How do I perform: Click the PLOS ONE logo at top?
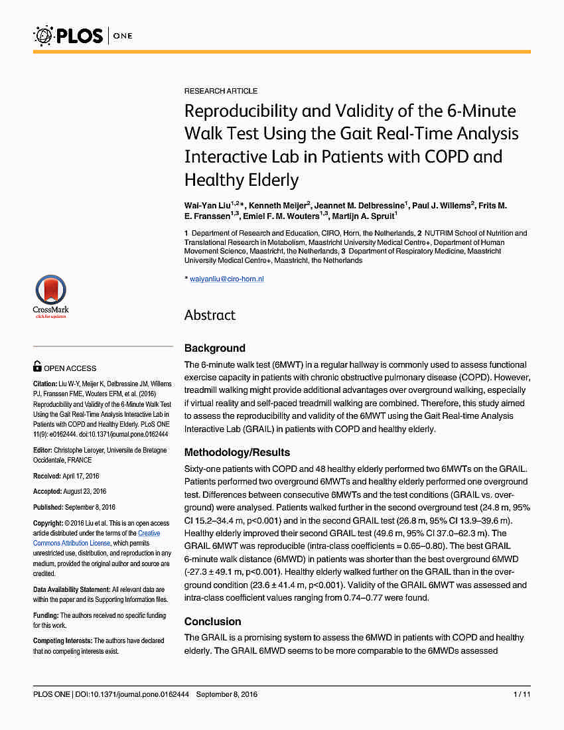point(83,35)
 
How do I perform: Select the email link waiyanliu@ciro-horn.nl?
point(227,279)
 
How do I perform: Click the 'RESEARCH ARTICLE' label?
point(221,91)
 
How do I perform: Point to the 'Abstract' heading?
point(210,315)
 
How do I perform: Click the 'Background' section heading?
point(214,348)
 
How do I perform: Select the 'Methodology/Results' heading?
point(237,453)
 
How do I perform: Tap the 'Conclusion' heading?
point(212,622)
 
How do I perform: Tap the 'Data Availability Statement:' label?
point(72,589)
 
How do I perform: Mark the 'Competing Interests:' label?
point(62,640)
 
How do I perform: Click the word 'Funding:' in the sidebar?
point(46,615)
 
